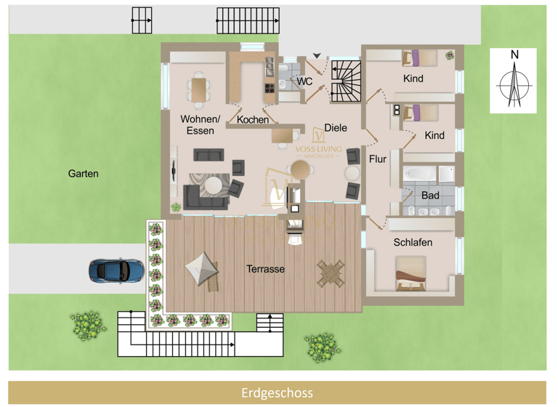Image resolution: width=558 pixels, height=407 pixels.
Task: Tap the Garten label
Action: tap(83, 174)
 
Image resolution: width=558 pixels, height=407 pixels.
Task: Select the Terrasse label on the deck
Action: tap(265, 269)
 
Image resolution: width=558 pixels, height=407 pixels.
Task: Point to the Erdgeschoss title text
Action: tap(277, 393)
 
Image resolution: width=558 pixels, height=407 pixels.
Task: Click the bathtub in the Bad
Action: tap(421, 175)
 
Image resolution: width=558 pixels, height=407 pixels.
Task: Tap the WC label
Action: tap(304, 82)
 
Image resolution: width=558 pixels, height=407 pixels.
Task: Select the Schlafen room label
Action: tap(413, 242)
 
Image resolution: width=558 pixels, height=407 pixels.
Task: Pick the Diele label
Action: tap(336, 128)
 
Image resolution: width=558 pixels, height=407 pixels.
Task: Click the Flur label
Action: tap(378, 158)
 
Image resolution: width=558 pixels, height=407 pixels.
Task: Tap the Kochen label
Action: tap(253, 120)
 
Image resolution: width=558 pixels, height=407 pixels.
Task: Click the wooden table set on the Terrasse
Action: tap(331, 273)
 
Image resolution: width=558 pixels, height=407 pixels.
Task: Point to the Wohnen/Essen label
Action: tap(200, 125)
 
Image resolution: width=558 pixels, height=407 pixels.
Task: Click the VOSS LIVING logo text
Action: tap(318, 148)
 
